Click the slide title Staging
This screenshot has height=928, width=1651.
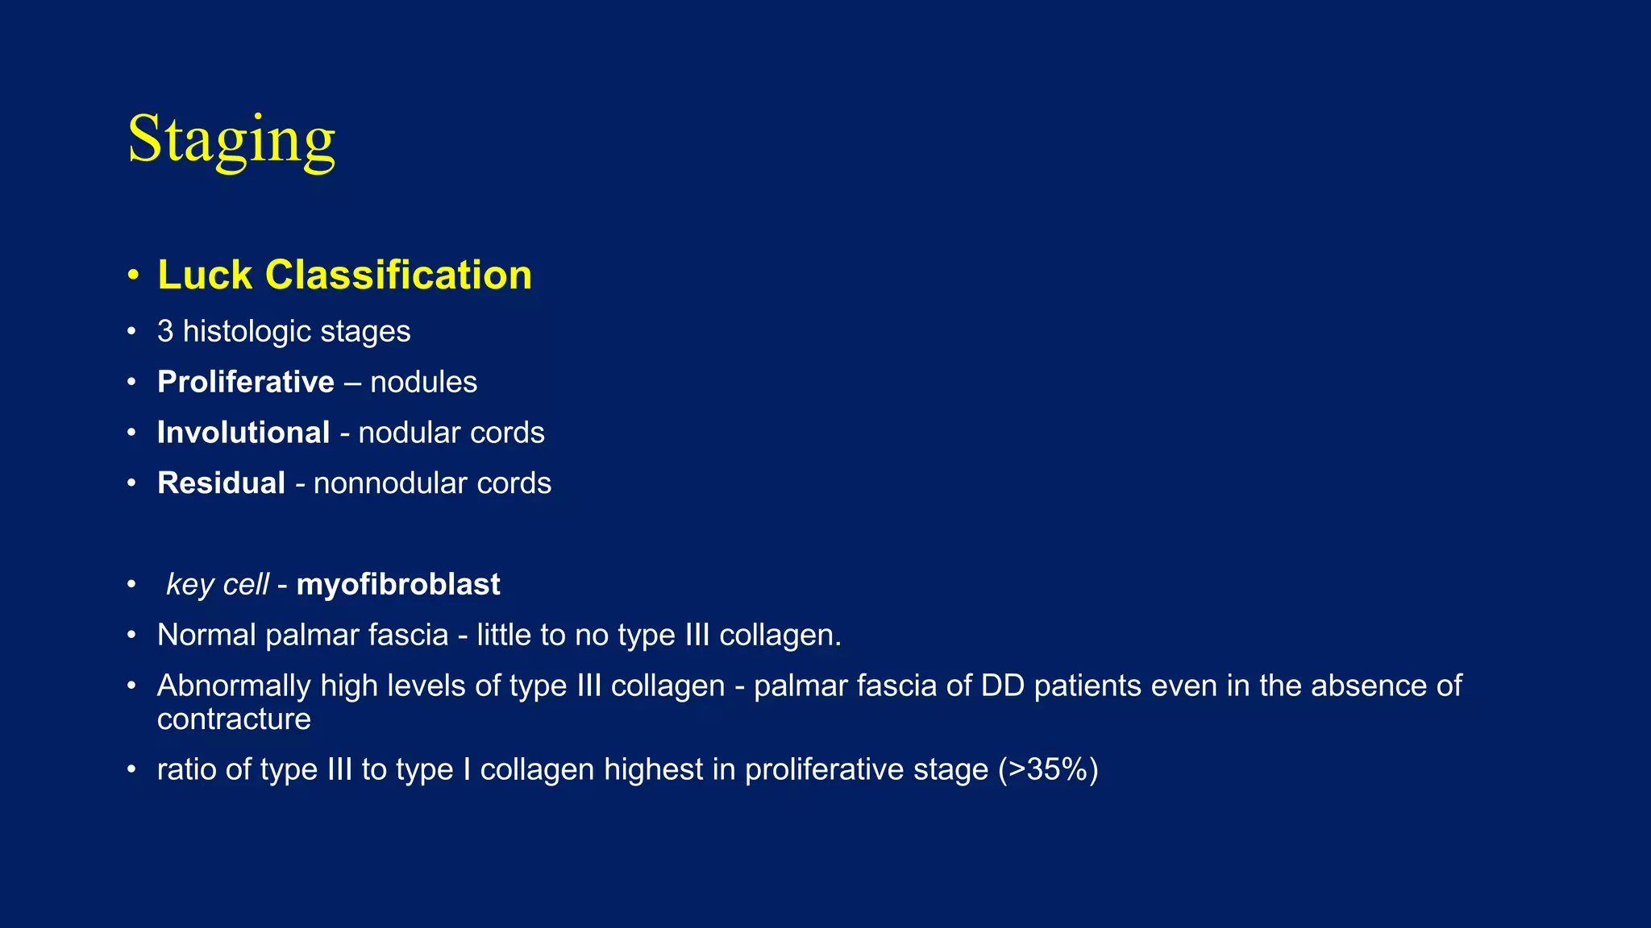click(231, 139)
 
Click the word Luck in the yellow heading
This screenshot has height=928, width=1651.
click(205, 275)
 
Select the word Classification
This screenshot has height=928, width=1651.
click(398, 275)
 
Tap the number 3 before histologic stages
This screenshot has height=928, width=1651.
click(165, 332)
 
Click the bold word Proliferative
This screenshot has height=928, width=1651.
click(246, 382)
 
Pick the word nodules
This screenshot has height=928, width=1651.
click(423, 382)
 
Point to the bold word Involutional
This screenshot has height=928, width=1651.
click(243, 433)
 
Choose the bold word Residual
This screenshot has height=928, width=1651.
click(221, 483)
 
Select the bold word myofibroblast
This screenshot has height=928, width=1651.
click(398, 585)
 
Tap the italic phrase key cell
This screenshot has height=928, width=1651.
click(217, 585)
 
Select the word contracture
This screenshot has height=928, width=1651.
click(234, 719)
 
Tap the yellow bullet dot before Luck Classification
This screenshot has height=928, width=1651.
click(133, 275)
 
